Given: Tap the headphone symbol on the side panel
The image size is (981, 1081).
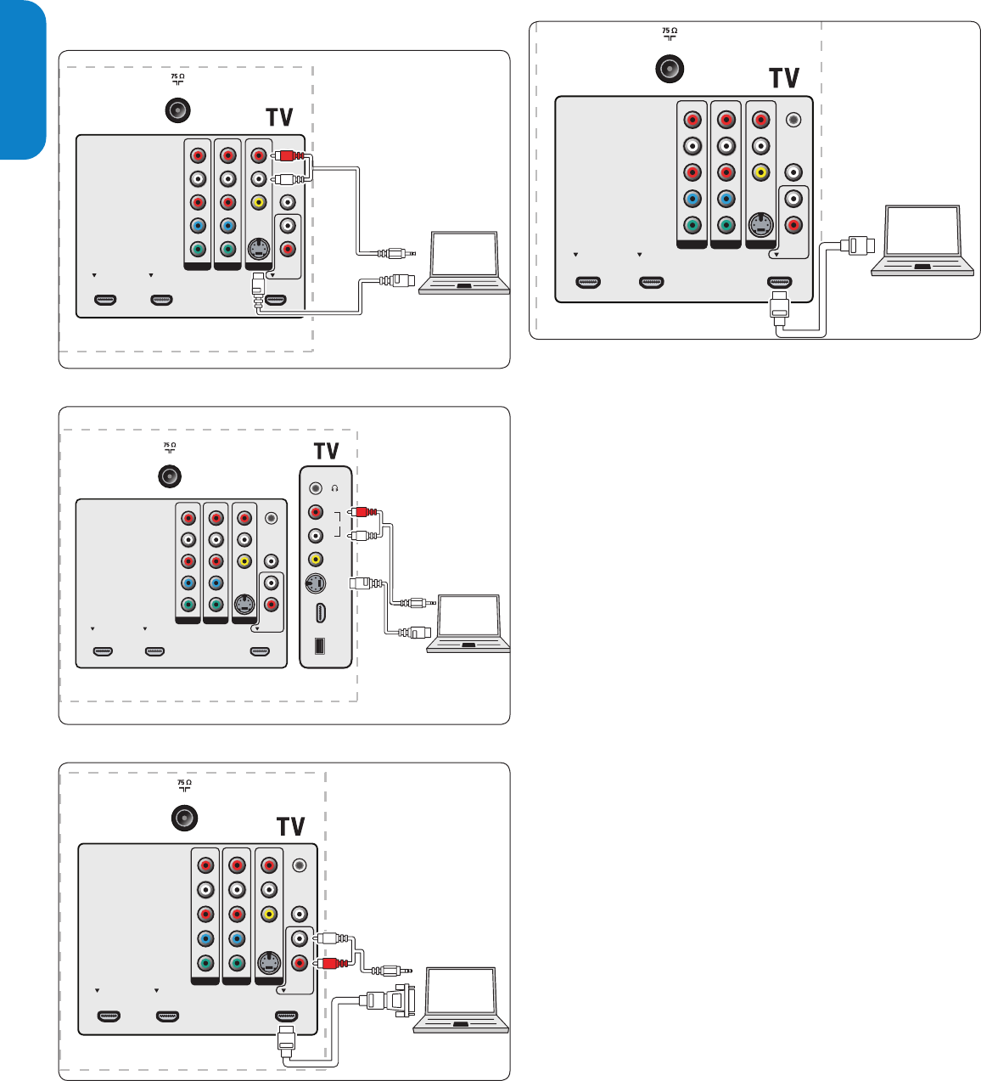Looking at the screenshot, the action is coord(335,488).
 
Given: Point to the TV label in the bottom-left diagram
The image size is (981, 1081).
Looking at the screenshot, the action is coord(290,826).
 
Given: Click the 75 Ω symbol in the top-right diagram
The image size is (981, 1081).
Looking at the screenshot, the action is coord(670,33).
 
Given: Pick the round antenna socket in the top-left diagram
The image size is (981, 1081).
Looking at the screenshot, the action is coord(177,110).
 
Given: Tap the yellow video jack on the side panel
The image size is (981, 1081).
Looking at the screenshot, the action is coord(316,560).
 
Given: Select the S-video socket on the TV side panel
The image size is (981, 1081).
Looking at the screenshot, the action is coord(316,584).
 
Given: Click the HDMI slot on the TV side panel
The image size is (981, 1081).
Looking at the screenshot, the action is coord(319,613).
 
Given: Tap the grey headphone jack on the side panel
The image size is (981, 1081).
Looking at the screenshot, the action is coord(316,488).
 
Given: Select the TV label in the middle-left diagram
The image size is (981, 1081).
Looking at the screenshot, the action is coord(326,451).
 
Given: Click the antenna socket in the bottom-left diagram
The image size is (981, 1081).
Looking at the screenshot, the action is coord(184,818).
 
